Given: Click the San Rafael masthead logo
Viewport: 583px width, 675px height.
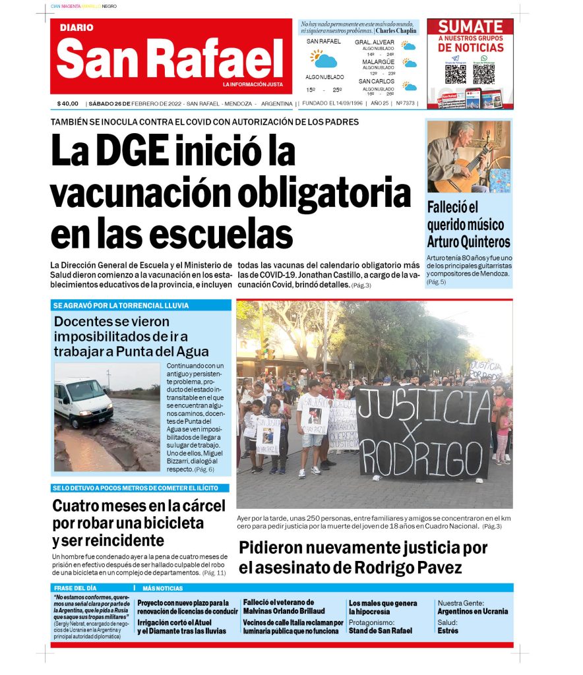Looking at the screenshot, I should (x=169, y=58).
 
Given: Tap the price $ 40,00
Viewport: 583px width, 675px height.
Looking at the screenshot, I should (x=68, y=103).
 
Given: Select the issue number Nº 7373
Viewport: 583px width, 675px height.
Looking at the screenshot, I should (x=405, y=103).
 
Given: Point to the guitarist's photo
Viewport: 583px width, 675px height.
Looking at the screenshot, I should (x=468, y=157).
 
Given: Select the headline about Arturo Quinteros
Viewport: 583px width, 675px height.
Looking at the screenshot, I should (x=468, y=225).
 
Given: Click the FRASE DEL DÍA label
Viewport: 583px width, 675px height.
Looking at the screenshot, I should (x=77, y=588).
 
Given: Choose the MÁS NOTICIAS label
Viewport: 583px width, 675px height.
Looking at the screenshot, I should (x=162, y=588).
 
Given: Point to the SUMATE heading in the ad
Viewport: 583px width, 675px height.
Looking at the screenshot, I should (x=470, y=27).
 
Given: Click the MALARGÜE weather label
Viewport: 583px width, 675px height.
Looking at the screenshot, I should (x=378, y=62).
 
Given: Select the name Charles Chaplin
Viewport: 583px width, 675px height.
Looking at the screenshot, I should (x=396, y=30).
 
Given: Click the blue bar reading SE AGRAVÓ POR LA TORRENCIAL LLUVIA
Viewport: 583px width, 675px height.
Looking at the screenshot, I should (x=141, y=306).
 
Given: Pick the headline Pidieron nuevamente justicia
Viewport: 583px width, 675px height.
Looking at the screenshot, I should (x=363, y=557).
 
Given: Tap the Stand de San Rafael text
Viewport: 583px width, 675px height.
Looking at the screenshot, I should (x=381, y=631).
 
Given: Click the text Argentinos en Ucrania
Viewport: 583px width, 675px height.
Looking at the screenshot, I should (x=472, y=612).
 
